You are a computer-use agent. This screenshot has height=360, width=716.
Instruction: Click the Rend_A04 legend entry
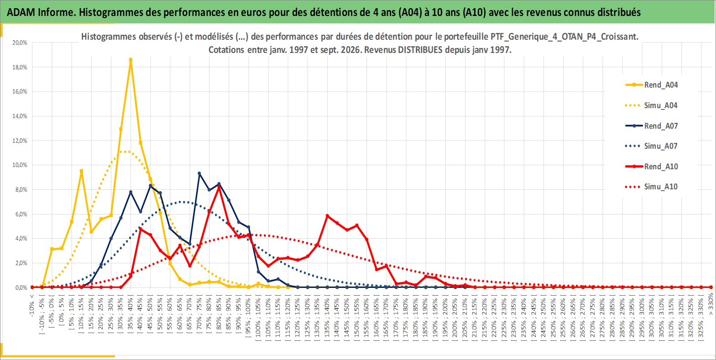pos(652,85)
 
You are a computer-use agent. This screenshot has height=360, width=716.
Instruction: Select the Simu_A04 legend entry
pos(652,105)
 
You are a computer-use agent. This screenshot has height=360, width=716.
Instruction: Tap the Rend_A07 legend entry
pos(652,125)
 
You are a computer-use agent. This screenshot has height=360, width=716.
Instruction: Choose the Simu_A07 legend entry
pos(652,146)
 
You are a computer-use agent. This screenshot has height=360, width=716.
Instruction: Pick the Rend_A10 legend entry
pos(652,166)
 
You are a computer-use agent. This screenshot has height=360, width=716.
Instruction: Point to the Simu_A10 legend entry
pos(652,187)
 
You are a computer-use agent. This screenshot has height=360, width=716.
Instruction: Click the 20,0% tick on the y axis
pos(20,42)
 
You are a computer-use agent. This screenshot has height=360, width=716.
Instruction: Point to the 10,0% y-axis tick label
pos(20,165)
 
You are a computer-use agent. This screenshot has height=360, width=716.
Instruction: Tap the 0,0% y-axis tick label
pos(21,287)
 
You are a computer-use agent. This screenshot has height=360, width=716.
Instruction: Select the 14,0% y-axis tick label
pos(20,116)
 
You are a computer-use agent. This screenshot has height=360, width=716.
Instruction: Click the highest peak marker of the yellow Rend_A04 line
pos(131,60)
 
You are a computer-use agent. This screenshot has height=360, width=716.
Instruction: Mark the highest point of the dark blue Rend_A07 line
pos(199,173)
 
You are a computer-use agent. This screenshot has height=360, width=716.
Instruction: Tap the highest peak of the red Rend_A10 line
pos(219,187)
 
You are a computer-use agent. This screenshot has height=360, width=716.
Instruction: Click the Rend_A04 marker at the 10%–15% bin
pos(82,171)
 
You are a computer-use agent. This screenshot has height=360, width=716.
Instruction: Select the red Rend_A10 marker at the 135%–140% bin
pos(327,216)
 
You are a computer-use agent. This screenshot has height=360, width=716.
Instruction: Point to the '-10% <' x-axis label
pos(31,306)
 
